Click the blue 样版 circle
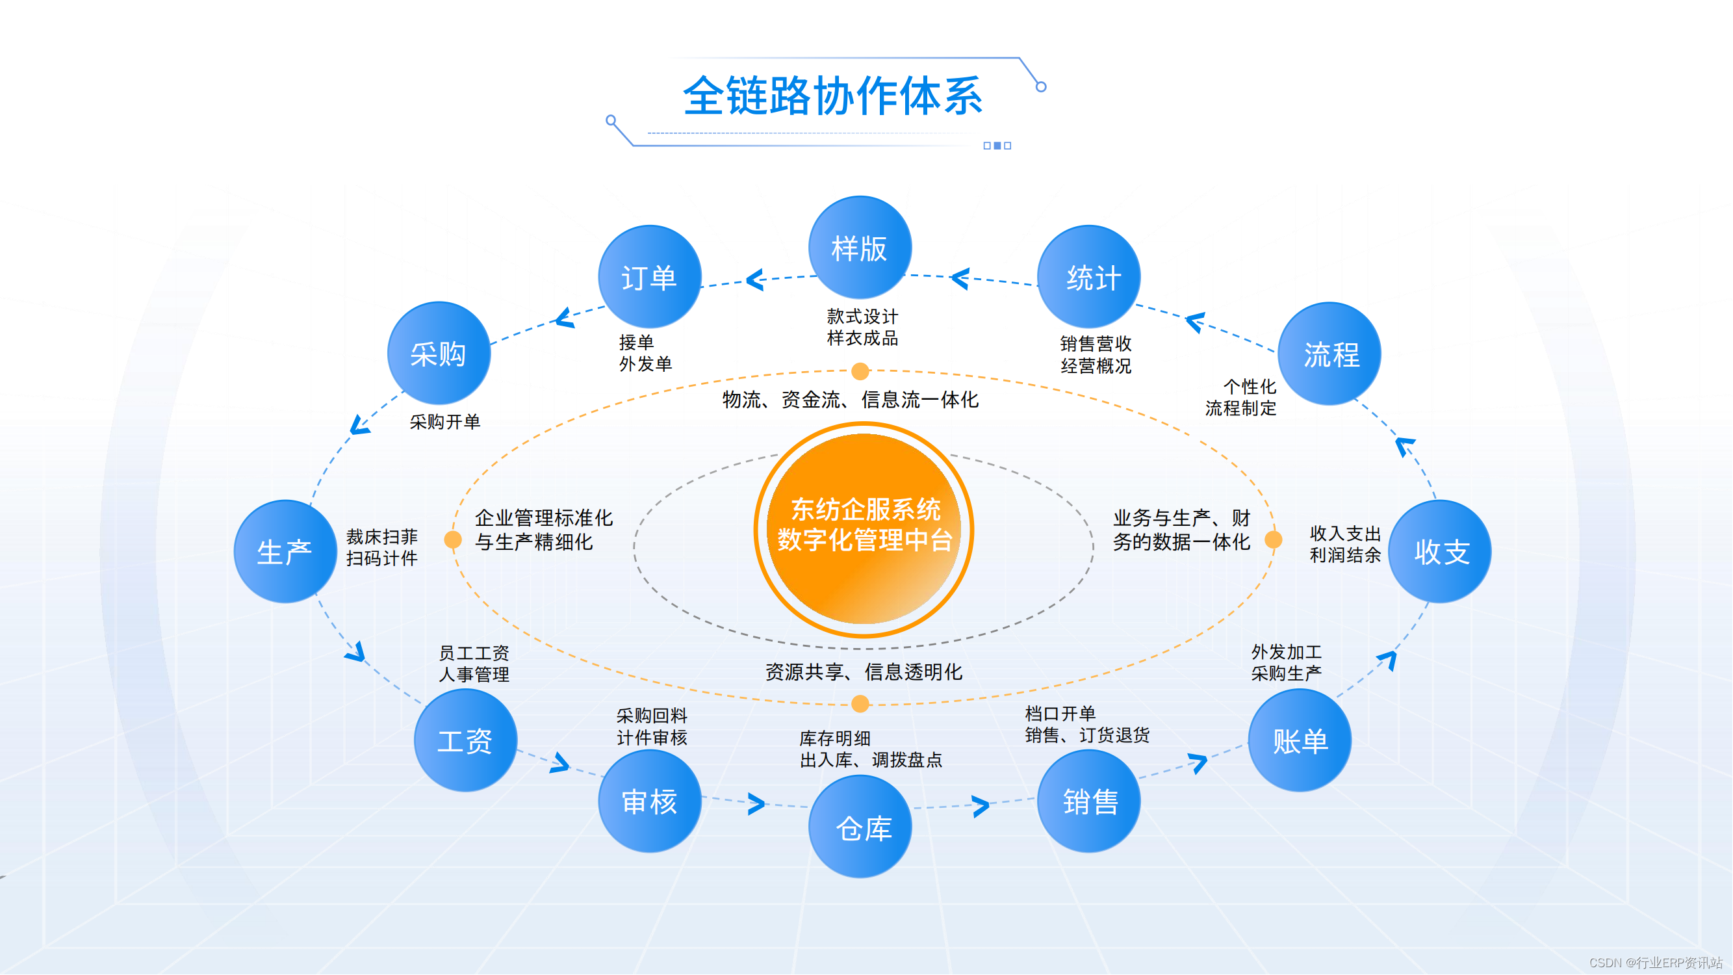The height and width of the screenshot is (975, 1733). pos(860,248)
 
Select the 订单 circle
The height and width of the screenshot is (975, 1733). pos(649,276)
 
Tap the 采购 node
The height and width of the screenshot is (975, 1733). pos(439,353)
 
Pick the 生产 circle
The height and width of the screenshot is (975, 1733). pos(285,551)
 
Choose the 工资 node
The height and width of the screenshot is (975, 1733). pos(465,740)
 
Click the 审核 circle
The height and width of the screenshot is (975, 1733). pos(649,801)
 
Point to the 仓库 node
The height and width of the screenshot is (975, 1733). pos(860,826)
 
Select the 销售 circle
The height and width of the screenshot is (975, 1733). pos(1088,801)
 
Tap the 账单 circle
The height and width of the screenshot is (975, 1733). pos(1299,740)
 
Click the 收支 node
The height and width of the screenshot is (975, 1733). pos(1440,551)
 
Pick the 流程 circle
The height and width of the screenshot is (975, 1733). pos(1329,353)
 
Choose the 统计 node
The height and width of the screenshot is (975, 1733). pos(1088,276)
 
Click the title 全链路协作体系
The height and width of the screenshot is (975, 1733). pos(833,96)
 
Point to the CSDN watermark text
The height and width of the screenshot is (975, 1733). pos(1655,963)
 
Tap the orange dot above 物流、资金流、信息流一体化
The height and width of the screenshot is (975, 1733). pos(860,370)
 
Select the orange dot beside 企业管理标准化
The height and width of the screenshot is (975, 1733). pos(453,539)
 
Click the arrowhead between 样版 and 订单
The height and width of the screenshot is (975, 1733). pos(756,279)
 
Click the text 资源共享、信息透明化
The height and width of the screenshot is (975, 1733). pos(864,671)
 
